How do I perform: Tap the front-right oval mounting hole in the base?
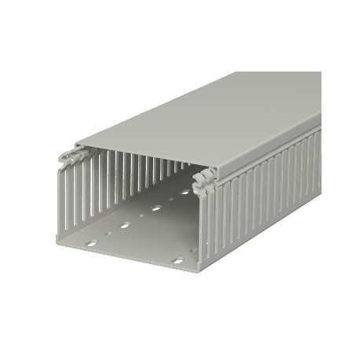[x=177, y=260]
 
